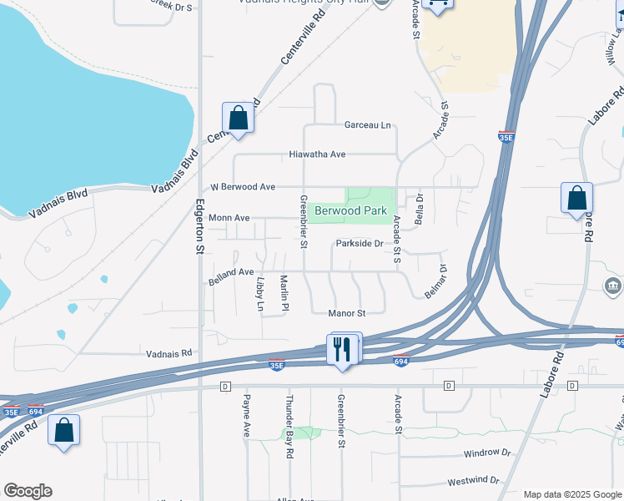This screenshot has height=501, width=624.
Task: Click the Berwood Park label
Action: click(350, 210)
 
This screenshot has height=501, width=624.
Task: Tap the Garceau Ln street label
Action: click(368, 125)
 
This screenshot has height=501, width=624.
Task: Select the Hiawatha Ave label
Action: click(317, 154)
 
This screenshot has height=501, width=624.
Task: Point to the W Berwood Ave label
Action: click(243, 187)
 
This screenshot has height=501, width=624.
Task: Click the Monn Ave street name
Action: click(229, 218)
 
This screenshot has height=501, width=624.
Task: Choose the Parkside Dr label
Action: click(359, 244)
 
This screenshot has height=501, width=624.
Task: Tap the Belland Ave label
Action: click(231, 272)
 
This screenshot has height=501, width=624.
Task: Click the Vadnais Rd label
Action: click(169, 353)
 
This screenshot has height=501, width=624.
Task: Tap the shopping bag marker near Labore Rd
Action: click(576, 198)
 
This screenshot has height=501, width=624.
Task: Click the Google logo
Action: click(28, 491)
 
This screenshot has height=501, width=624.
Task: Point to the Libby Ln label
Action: click(260, 292)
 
